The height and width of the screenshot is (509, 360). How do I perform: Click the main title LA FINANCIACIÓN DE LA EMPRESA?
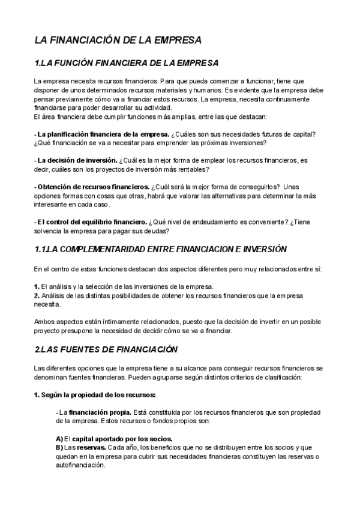click(118, 40)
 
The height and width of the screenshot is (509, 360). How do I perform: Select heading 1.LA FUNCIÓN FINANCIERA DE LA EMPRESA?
click(127, 63)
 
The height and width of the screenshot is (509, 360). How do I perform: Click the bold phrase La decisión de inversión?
click(77, 160)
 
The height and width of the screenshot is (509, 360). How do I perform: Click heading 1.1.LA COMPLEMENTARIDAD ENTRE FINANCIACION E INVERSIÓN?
click(152, 248)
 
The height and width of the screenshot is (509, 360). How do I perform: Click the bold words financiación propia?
click(97, 413)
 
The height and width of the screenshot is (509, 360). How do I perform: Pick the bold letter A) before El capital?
click(59, 439)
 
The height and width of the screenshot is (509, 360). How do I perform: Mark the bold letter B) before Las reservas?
click(59, 447)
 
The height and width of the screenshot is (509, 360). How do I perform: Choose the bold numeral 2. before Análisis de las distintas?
click(37, 295)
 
